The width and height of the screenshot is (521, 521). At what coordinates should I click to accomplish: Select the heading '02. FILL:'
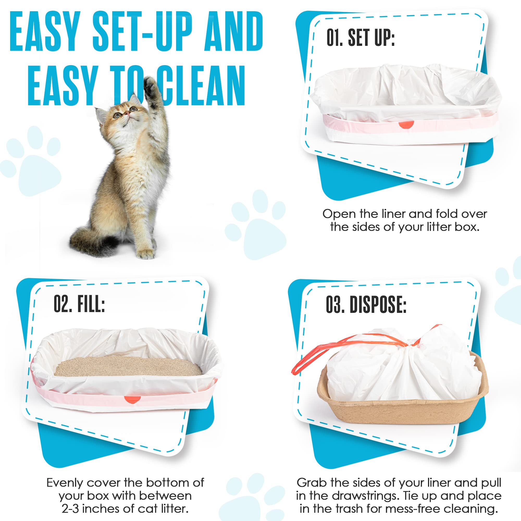click(79, 304)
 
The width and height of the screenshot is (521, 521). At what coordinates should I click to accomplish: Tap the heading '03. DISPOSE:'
click(366, 305)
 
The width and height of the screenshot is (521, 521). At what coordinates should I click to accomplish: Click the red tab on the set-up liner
click(406, 125)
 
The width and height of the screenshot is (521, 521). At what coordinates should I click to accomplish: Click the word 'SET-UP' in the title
click(143, 32)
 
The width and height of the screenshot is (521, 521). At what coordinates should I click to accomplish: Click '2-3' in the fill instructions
click(70, 508)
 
